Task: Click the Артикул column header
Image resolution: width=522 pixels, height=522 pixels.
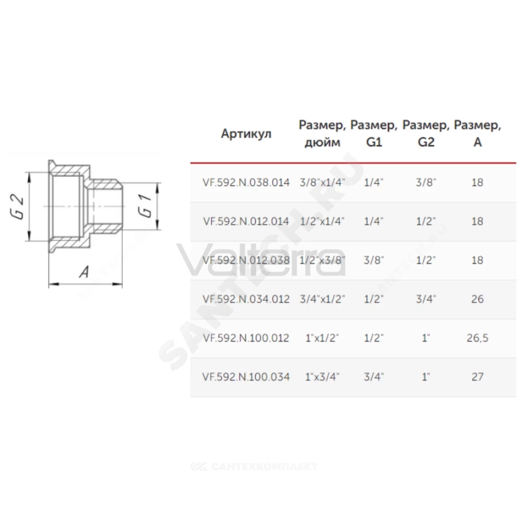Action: [x=246, y=134]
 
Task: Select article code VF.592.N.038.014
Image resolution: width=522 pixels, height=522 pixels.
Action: [x=246, y=182]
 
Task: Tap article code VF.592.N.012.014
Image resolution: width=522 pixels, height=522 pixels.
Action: [x=246, y=221]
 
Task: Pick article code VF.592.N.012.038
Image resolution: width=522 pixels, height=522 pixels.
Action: [x=246, y=260]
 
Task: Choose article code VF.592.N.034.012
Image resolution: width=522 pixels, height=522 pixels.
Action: [x=246, y=299]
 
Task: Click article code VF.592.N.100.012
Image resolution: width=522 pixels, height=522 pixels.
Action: [x=246, y=338]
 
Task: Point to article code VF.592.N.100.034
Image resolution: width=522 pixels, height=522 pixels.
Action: [x=246, y=377]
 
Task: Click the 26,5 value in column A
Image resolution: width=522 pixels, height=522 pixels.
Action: [x=478, y=338]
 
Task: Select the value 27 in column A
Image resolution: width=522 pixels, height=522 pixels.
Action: [x=478, y=377]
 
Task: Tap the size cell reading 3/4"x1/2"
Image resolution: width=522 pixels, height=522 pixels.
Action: [x=322, y=299]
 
